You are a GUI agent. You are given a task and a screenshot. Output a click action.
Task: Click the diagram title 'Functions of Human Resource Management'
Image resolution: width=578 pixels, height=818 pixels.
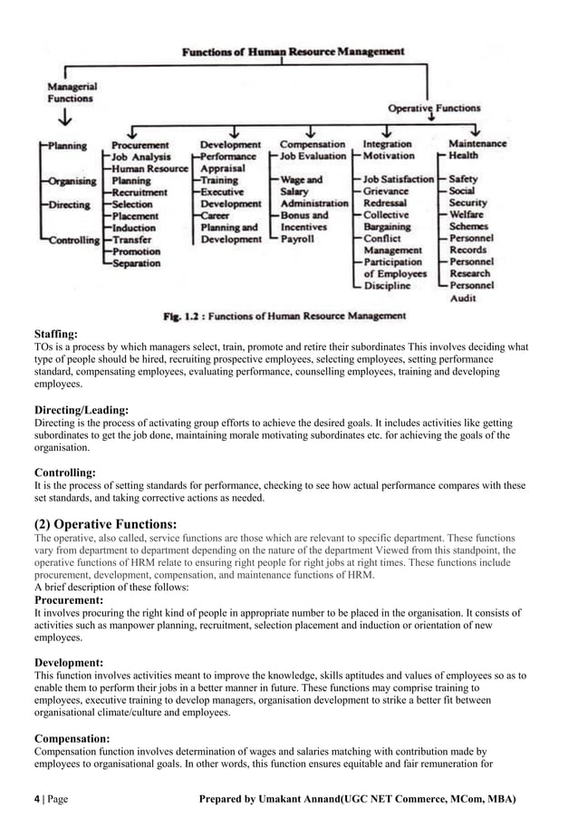(x=294, y=52)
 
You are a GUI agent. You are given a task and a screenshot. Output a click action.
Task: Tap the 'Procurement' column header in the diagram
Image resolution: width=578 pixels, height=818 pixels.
(x=140, y=144)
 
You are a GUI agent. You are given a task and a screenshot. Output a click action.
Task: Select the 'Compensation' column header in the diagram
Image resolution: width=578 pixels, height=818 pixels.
(x=313, y=144)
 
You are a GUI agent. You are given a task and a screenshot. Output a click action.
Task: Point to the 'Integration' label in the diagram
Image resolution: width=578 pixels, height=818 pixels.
(x=388, y=144)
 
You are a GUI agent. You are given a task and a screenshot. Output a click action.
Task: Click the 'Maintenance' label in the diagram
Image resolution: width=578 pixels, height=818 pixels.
(x=477, y=144)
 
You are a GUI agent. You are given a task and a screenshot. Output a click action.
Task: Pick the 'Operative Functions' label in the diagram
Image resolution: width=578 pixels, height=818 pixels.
(x=434, y=108)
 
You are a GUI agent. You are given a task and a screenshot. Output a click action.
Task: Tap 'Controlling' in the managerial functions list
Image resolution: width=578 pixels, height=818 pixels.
(x=73, y=240)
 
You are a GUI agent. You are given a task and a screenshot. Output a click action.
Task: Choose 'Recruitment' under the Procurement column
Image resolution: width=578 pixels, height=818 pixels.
(x=140, y=192)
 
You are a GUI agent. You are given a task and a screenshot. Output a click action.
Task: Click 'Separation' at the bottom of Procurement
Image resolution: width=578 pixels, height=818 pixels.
(x=136, y=263)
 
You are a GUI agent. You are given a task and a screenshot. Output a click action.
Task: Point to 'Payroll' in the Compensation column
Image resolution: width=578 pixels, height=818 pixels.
(x=297, y=239)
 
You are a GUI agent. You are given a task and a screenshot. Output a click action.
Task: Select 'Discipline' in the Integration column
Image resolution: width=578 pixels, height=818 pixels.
(x=387, y=286)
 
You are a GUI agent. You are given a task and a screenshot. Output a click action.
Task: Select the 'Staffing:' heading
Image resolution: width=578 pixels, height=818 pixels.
(x=56, y=335)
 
